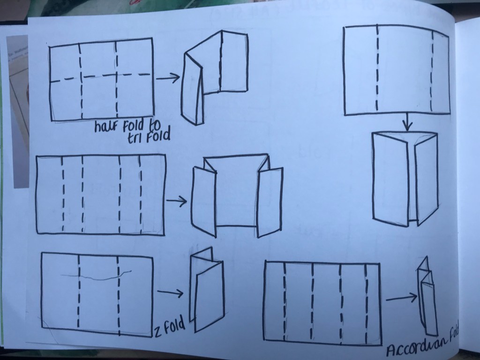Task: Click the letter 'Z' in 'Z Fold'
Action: tap(157, 331)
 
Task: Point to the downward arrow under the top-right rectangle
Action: tap(407, 122)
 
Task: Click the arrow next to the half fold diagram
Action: tap(168, 78)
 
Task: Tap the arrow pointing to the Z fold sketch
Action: tap(170, 293)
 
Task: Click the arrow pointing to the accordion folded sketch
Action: tap(402, 298)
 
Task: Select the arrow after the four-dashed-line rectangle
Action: tap(176, 201)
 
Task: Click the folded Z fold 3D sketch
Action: tap(207, 289)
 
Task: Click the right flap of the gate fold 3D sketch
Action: tap(270, 202)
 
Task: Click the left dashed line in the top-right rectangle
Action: tap(377, 68)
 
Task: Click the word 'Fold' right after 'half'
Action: tap(133, 126)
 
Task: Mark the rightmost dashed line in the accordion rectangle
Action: tap(366, 303)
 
